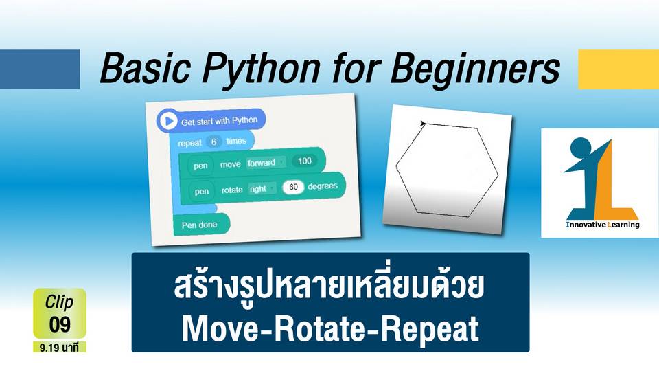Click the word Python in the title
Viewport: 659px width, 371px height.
260,69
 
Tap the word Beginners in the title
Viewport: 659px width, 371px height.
474,69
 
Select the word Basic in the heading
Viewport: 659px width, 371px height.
145,68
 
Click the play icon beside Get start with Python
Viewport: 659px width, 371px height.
169,121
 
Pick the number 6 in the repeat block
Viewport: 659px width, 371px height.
213,142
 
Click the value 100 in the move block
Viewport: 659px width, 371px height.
304,161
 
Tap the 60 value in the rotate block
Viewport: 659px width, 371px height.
293,187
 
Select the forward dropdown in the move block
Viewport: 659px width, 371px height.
266,163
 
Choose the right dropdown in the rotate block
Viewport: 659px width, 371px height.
262,188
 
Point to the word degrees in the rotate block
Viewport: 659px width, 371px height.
323,186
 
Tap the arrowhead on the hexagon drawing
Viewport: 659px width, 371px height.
423,123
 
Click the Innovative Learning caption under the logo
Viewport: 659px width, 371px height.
603,225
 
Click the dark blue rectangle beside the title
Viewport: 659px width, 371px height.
40,69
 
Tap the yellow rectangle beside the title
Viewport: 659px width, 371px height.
618,69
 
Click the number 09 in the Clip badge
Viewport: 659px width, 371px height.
60,324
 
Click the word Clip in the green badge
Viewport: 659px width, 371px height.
59,302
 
